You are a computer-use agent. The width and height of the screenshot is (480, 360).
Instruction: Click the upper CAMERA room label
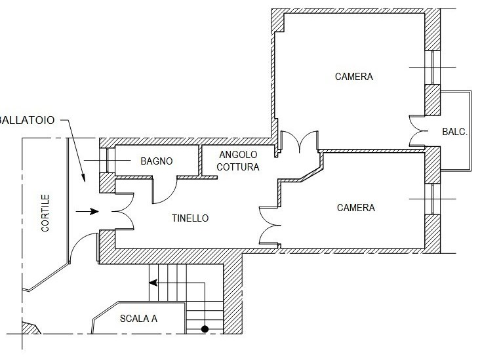pos(353,77)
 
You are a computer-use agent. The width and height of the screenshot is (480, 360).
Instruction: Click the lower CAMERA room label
pos(355,208)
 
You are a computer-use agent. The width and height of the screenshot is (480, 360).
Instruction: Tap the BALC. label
pos(454,132)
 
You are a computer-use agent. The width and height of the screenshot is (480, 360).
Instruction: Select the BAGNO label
pos(157,161)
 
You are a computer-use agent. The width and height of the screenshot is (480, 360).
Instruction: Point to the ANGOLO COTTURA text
pos(239,161)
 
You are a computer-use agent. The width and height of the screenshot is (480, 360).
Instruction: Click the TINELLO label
pos(190,218)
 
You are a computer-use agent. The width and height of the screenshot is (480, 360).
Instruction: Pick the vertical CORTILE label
pos(45,213)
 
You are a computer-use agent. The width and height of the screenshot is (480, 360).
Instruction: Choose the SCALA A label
pos(138,319)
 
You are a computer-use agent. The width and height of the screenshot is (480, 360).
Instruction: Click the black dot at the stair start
pos(205,329)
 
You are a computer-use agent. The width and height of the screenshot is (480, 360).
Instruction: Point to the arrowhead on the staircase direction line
pos(153,283)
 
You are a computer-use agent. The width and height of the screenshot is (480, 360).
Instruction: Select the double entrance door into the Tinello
pos(116,212)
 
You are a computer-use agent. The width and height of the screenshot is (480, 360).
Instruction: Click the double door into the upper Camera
pos(298,141)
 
